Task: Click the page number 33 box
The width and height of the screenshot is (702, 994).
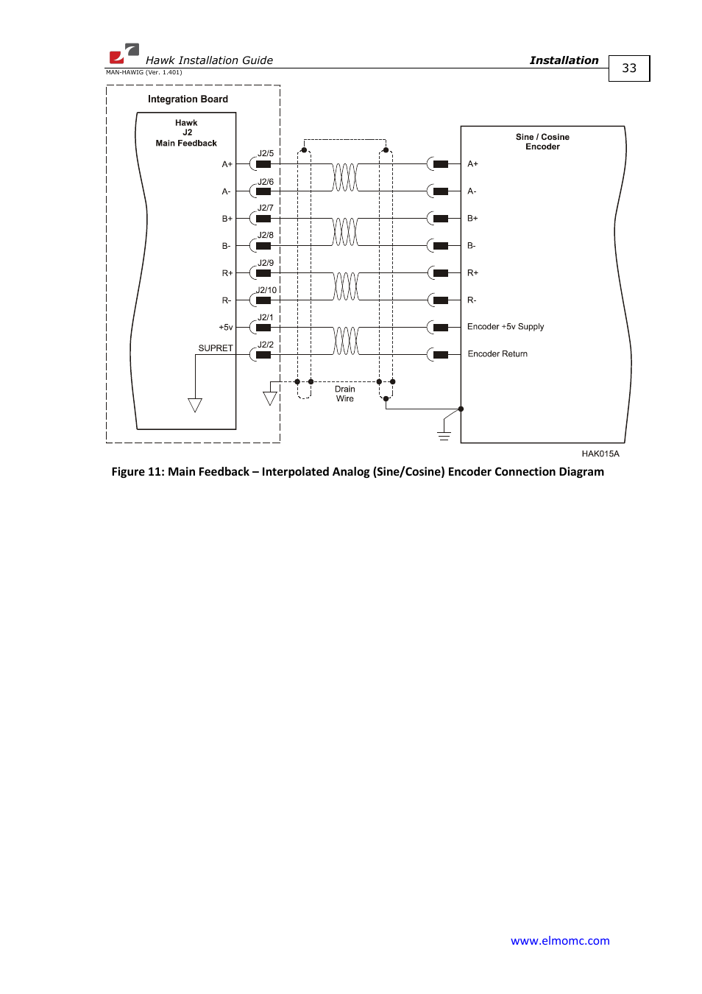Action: pos(628,68)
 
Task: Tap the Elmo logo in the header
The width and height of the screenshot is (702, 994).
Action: pos(124,53)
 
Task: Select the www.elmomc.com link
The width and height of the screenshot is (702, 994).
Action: pos(559,940)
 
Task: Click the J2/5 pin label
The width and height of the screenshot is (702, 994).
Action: pos(266,154)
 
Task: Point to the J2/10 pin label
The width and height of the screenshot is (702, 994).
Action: pos(266,290)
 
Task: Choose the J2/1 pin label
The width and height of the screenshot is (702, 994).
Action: pos(266,317)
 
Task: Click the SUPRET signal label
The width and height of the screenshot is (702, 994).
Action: pos(215,348)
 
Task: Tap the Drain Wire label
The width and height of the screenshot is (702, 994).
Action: pos(345,394)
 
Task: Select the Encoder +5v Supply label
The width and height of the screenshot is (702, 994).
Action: pos(506,327)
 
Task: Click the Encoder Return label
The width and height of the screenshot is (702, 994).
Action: pos(497,354)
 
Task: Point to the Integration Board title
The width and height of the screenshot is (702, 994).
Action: pos(188,99)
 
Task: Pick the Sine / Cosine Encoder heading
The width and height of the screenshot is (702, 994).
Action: pos(542,142)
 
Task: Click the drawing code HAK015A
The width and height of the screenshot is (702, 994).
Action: pos(600,454)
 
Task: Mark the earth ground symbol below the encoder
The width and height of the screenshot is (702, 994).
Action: pos(444,434)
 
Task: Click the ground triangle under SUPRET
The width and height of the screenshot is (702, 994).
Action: pos(195,405)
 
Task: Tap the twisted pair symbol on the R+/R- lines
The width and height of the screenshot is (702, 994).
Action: pos(345,286)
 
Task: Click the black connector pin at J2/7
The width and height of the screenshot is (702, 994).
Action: pos(263,219)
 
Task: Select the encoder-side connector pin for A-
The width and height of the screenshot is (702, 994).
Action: pos(441,191)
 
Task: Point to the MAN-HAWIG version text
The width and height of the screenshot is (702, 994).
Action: pos(143,73)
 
